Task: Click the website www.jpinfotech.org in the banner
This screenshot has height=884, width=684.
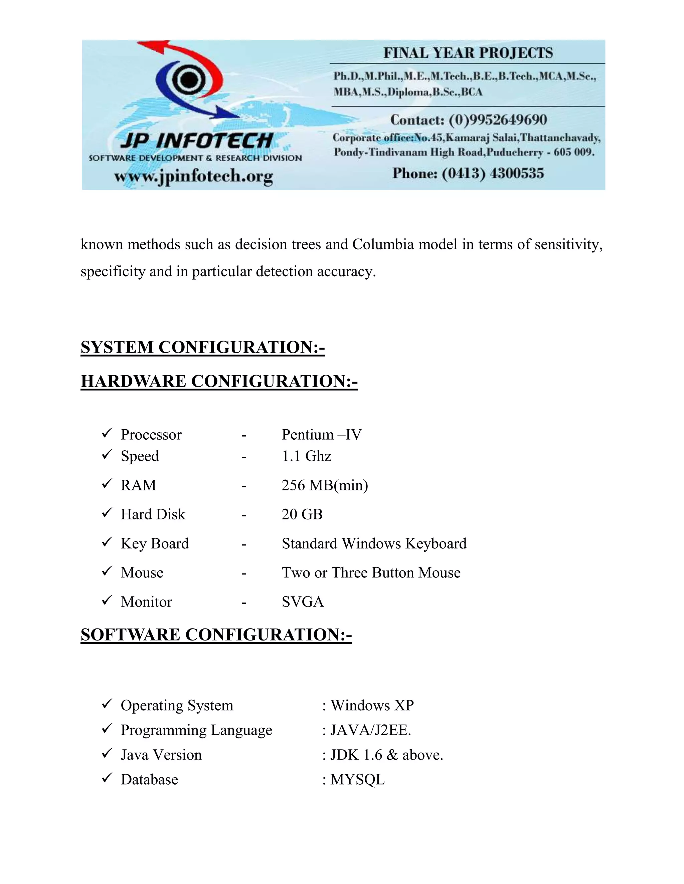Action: pyautogui.click(x=193, y=176)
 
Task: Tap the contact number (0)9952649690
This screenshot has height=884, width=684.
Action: pyautogui.click(x=498, y=120)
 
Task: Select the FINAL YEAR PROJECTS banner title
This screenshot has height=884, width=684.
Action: pyautogui.click(x=468, y=53)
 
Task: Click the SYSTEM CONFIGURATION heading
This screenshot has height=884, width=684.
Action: pyautogui.click(x=203, y=347)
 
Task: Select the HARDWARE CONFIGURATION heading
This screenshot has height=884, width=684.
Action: pyautogui.click(x=219, y=381)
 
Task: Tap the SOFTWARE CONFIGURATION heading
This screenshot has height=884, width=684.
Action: pyautogui.click(x=216, y=635)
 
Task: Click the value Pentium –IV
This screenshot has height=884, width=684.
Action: pyautogui.click(x=321, y=435)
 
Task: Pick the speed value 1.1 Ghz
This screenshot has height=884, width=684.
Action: pyautogui.click(x=306, y=456)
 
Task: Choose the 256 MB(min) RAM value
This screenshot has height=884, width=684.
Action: pyautogui.click(x=325, y=485)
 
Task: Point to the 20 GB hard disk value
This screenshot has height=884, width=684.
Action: pyautogui.click(x=302, y=514)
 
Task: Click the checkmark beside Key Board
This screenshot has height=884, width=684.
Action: pyautogui.click(x=107, y=542)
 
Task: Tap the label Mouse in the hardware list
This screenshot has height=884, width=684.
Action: pyautogui.click(x=142, y=573)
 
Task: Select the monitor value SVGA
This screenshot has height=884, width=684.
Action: pyautogui.click(x=303, y=602)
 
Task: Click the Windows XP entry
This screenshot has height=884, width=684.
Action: pyautogui.click(x=372, y=706)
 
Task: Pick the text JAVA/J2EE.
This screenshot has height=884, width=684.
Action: pyautogui.click(x=370, y=730)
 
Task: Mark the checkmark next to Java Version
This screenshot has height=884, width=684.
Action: pyautogui.click(x=107, y=753)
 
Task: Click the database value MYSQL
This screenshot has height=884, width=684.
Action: pyautogui.click(x=357, y=780)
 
